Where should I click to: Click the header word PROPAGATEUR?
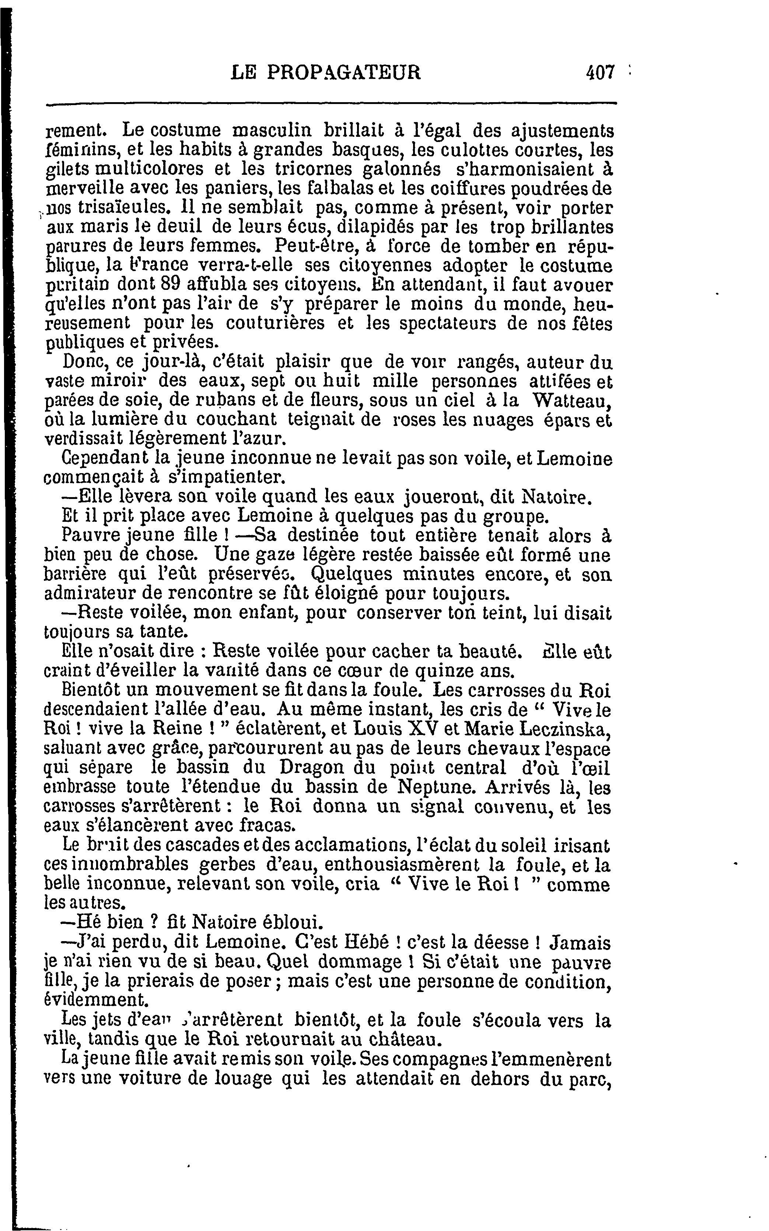(344, 72)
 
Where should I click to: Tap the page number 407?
(600, 72)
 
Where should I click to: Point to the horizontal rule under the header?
(331, 104)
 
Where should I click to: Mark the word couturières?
(275, 324)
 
